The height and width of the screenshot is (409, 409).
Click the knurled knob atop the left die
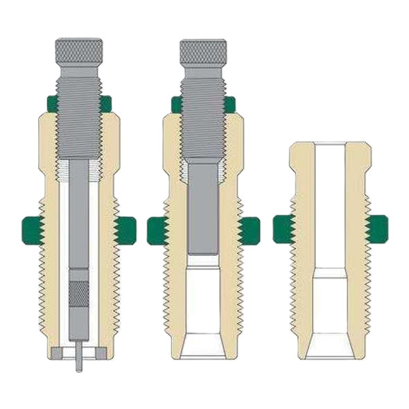[x=78, y=51]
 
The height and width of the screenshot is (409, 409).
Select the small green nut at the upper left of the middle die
[x=176, y=105]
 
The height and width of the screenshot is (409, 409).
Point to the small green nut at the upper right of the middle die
[x=229, y=105]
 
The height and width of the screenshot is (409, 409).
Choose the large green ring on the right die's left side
[x=283, y=229]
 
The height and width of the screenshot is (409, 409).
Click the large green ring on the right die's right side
[x=377, y=229]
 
